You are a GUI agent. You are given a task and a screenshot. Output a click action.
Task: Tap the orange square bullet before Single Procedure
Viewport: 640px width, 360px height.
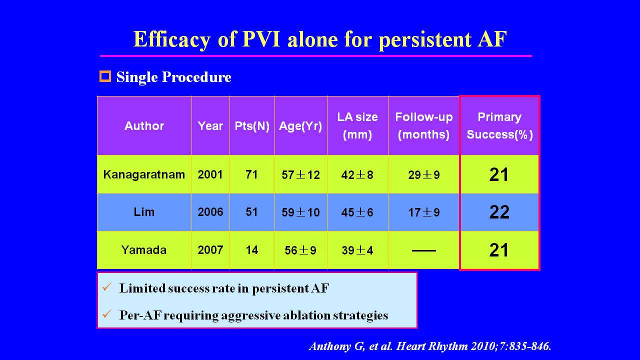click(x=105, y=76)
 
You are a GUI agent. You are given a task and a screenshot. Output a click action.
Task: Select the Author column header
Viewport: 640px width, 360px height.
click(x=144, y=126)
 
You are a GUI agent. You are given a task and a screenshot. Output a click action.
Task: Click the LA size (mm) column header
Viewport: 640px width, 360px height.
click(x=357, y=126)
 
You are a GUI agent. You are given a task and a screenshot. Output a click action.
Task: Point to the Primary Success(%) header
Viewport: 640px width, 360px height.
click(x=499, y=126)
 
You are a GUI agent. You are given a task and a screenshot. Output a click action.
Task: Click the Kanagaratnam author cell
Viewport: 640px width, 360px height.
click(x=144, y=174)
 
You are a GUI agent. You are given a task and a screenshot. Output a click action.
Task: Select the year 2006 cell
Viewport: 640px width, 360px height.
click(x=210, y=211)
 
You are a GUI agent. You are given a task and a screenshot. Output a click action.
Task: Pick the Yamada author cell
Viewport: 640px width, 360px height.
click(x=144, y=249)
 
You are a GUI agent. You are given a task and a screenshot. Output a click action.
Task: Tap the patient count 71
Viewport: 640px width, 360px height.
click(x=252, y=174)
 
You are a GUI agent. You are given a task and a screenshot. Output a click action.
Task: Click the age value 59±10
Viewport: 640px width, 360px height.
click(x=300, y=212)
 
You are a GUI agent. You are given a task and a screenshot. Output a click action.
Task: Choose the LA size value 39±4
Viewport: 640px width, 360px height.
click(x=357, y=250)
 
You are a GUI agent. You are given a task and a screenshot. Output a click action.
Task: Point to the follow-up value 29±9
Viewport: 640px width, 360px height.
click(x=424, y=174)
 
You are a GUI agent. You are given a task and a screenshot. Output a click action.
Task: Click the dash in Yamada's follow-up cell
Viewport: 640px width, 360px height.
click(x=424, y=250)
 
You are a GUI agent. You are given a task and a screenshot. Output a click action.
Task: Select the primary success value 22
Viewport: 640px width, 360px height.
click(x=499, y=212)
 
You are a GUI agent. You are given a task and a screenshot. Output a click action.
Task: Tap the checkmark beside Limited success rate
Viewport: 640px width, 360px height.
click(x=106, y=287)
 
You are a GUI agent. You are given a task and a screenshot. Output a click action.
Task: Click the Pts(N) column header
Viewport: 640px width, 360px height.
click(x=252, y=126)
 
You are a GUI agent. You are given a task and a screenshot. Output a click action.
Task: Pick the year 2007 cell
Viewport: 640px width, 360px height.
click(x=210, y=249)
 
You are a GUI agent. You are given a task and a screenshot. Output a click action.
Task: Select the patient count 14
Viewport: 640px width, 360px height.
click(x=252, y=249)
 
